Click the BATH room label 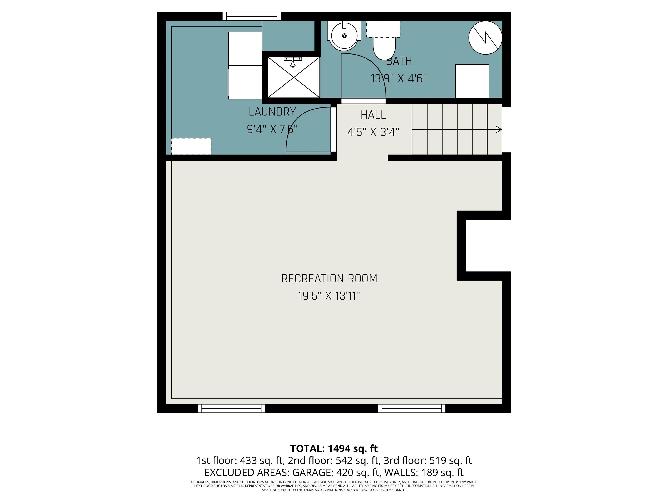(x=399, y=61)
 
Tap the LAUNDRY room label (x=272, y=112)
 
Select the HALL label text (x=373, y=115)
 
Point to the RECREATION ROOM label (x=329, y=278)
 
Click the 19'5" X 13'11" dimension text (x=329, y=296)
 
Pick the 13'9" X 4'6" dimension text (x=399, y=79)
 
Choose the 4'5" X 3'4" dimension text (x=373, y=132)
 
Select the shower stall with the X (x=294, y=78)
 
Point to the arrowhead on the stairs (x=499, y=130)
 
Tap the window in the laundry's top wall (x=252, y=16)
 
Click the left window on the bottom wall (x=231, y=409)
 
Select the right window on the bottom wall (x=412, y=409)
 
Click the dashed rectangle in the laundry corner (x=191, y=146)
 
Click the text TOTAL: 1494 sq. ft (x=334, y=448)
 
